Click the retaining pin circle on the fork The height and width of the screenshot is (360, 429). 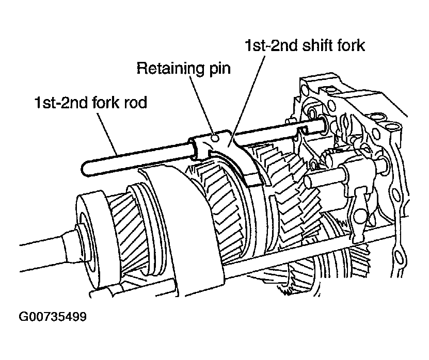tap(216, 138)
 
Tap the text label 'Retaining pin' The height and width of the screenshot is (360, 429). tap(184, 68)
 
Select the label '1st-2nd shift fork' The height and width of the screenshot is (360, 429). tap(305, 45)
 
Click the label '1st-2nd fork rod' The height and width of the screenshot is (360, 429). tap(90, 103)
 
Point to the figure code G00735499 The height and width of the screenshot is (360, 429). tap(53, 317)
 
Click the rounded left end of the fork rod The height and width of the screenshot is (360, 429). tap(84, 168)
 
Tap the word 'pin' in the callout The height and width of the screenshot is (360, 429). tap(220, 69)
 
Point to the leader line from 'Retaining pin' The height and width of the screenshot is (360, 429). tap(202, 106)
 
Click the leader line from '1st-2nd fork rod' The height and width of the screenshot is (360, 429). tap(107, 133)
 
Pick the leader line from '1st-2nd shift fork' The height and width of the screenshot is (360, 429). tap(247, 99)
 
